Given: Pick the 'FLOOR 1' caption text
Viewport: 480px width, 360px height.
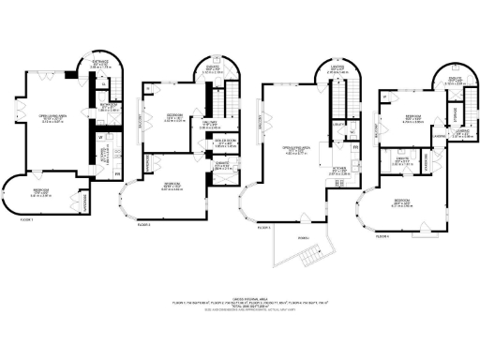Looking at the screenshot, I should click(x=25, y=219).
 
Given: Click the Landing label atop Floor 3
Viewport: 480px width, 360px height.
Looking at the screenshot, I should click(x=337, y=67).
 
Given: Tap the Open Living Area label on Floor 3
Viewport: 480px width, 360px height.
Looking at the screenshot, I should click(x=298, y=148).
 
